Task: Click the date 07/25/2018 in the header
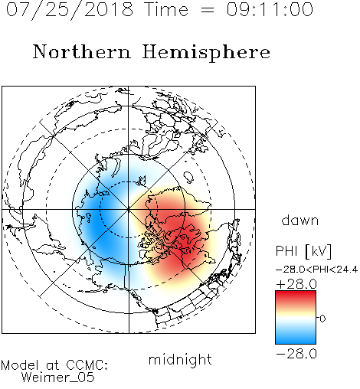(70, 9)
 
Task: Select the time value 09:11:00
(270, 9)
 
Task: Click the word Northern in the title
(82, 51)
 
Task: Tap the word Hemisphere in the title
(206, 53)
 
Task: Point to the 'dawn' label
(300, 220)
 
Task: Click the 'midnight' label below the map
(180, 359)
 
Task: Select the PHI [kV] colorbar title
(303, 251)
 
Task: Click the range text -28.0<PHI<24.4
(316, 270)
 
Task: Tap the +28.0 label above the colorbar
(296, 284)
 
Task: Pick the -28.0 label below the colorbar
(296, 354)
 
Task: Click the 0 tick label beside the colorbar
(322, 319)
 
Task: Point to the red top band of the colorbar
(296, 296)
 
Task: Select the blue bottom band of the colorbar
(296, 338)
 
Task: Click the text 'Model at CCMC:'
(54, 365)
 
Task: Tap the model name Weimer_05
(57, 378)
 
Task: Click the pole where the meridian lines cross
(129, 209)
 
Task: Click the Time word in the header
(166, 9)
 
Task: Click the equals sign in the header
(207, 10)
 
